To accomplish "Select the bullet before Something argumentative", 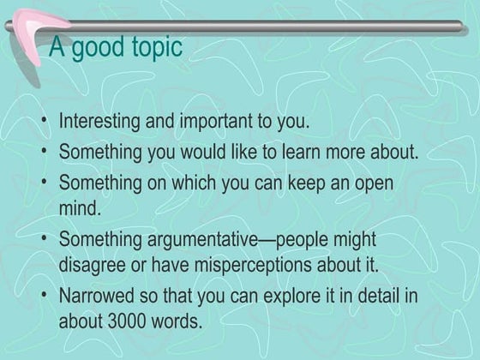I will (44, 240).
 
